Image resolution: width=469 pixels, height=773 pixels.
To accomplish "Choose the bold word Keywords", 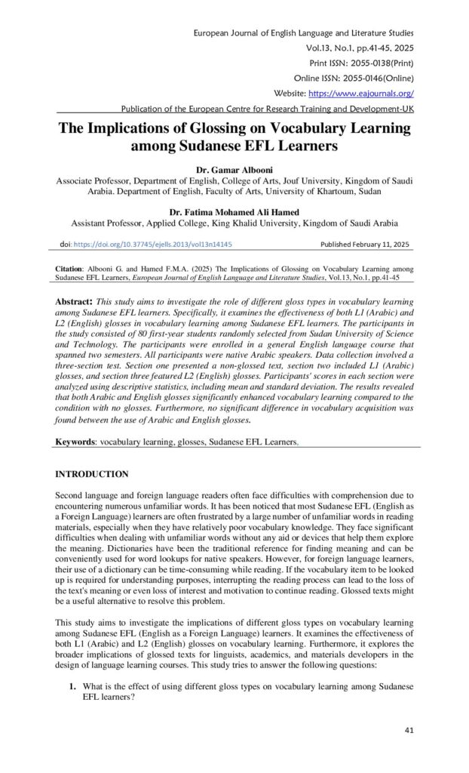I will (x=76, y=440).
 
